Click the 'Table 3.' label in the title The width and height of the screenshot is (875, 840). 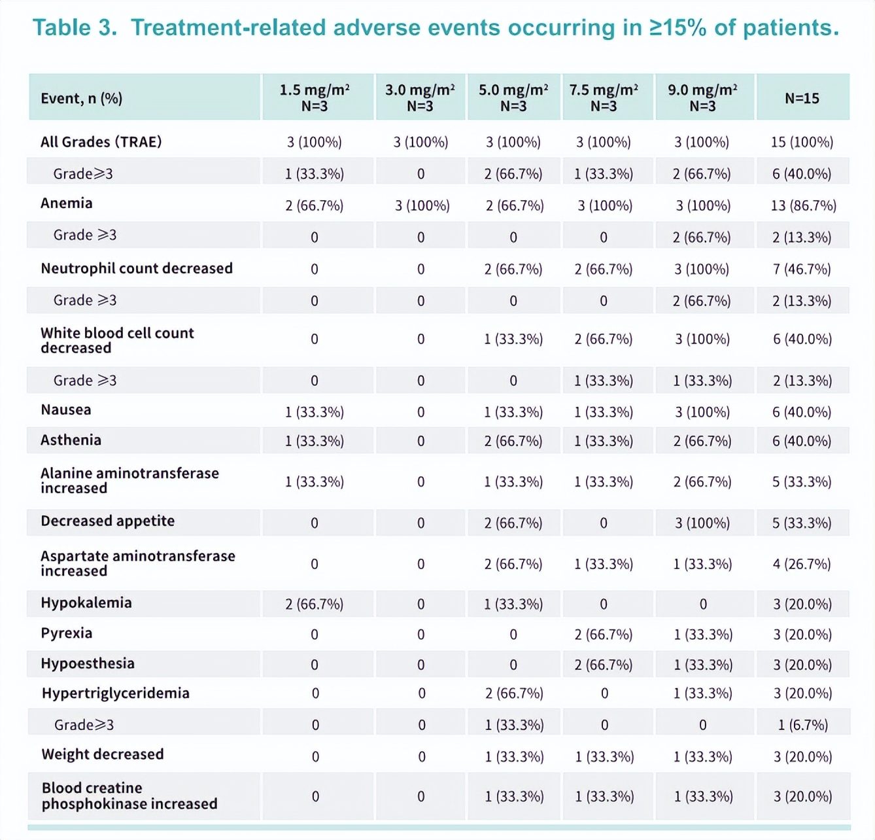(75, 28)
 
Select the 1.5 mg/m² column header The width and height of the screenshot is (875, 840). (315, 97)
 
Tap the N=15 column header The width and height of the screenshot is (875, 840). (802, 98)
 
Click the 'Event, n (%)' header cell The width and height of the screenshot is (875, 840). (81, 98)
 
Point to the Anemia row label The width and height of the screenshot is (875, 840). (66, 203)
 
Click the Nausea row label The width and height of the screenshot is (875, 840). (65, 410)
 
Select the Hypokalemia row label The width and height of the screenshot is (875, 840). (86, 603)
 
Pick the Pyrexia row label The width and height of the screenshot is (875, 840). (66, 633)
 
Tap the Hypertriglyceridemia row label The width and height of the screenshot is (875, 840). (115, 693)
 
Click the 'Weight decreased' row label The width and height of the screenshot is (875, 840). (102, 754)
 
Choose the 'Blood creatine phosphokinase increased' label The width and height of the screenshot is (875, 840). (129, 796)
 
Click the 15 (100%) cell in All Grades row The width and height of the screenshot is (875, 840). (802, 142)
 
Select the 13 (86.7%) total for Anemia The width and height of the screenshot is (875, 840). (803, 205)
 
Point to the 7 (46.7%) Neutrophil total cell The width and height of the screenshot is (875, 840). (802, 269)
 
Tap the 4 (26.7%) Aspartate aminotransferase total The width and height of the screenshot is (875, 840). (802, 564)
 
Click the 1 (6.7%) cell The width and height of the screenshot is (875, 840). (802, 725)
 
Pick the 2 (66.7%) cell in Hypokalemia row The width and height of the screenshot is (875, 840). (314, 604)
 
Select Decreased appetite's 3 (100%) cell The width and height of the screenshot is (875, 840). (702, 523)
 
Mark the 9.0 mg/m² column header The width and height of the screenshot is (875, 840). (702, 97)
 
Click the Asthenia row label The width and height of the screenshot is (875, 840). (71, 440)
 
